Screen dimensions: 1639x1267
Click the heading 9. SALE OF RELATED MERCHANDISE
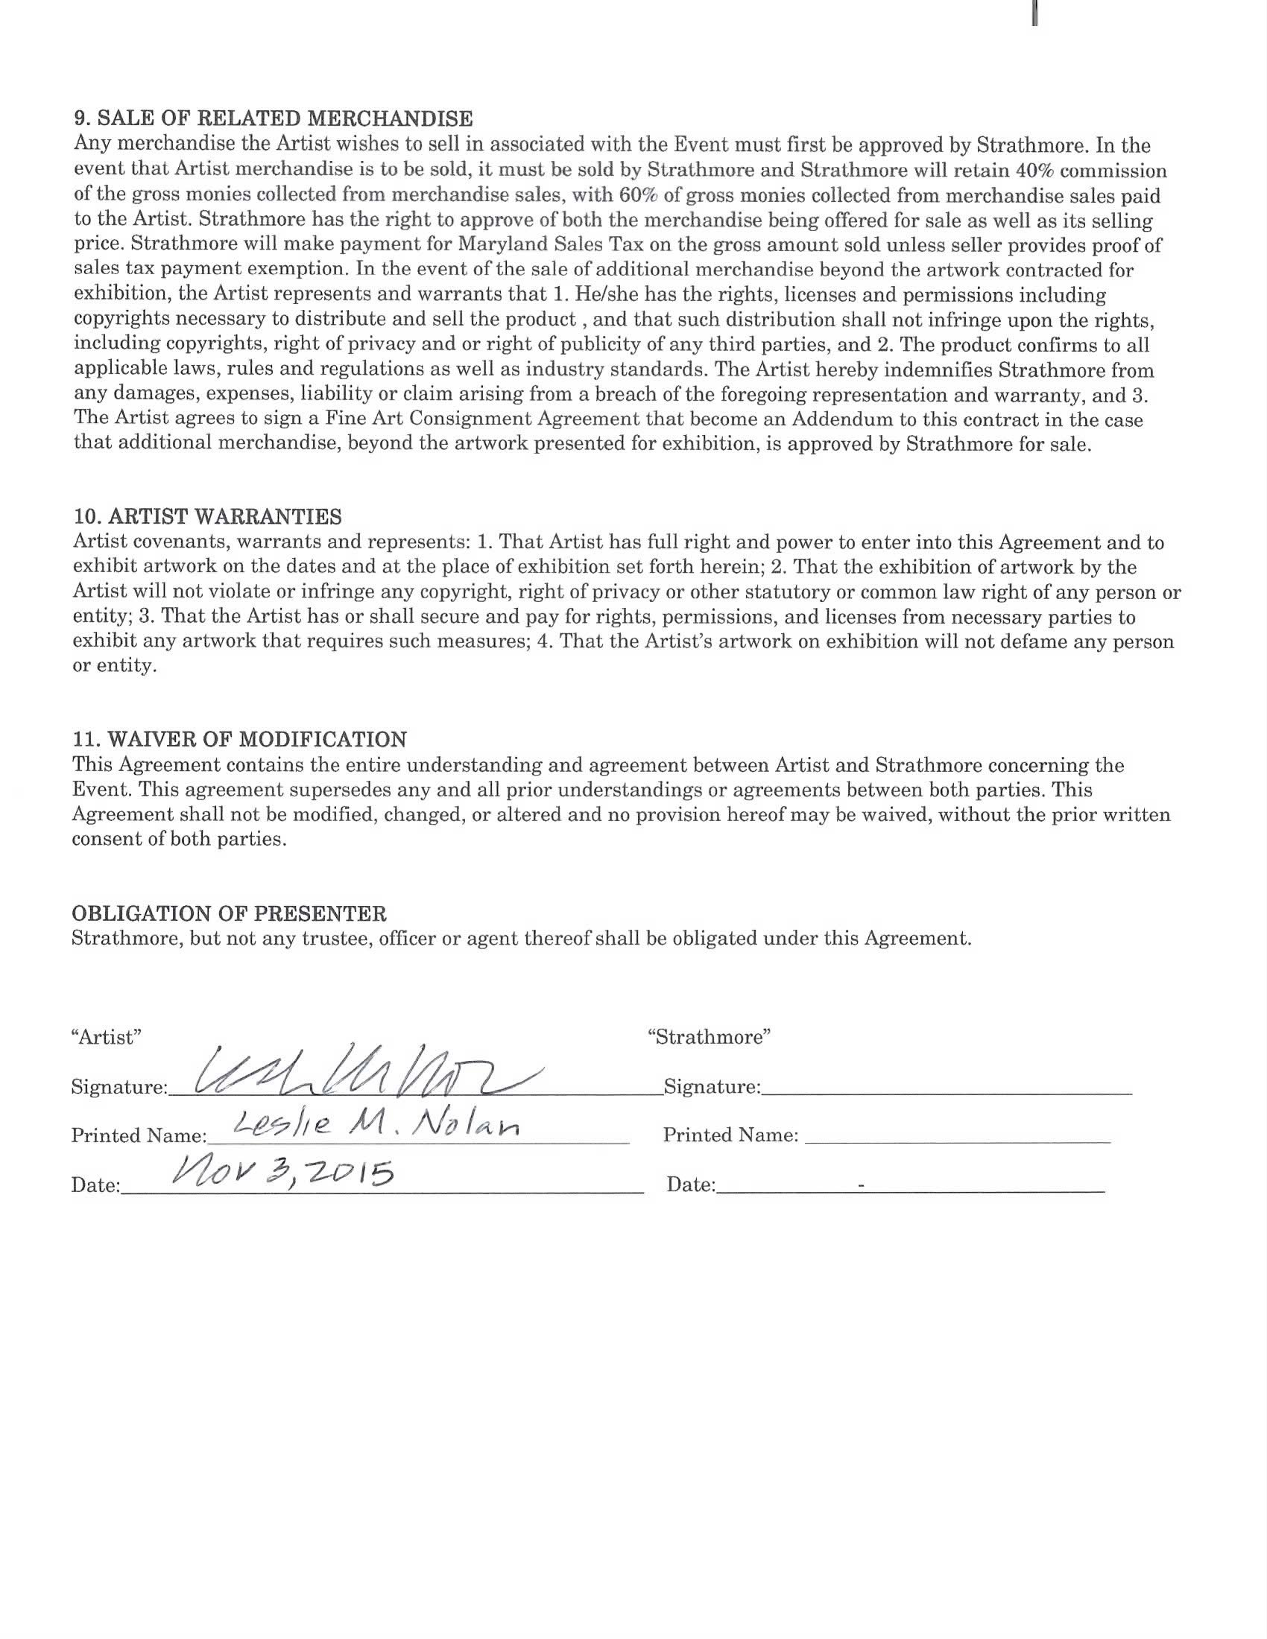coord(274,118)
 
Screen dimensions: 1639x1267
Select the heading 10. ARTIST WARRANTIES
coord(207,516)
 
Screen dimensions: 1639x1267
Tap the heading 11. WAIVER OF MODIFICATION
coord(239,739)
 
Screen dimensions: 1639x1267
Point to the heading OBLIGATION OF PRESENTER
coord(229,913)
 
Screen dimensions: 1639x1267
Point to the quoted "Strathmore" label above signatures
coord(710,1037)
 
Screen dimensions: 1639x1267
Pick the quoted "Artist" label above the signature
coord(106,1037)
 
